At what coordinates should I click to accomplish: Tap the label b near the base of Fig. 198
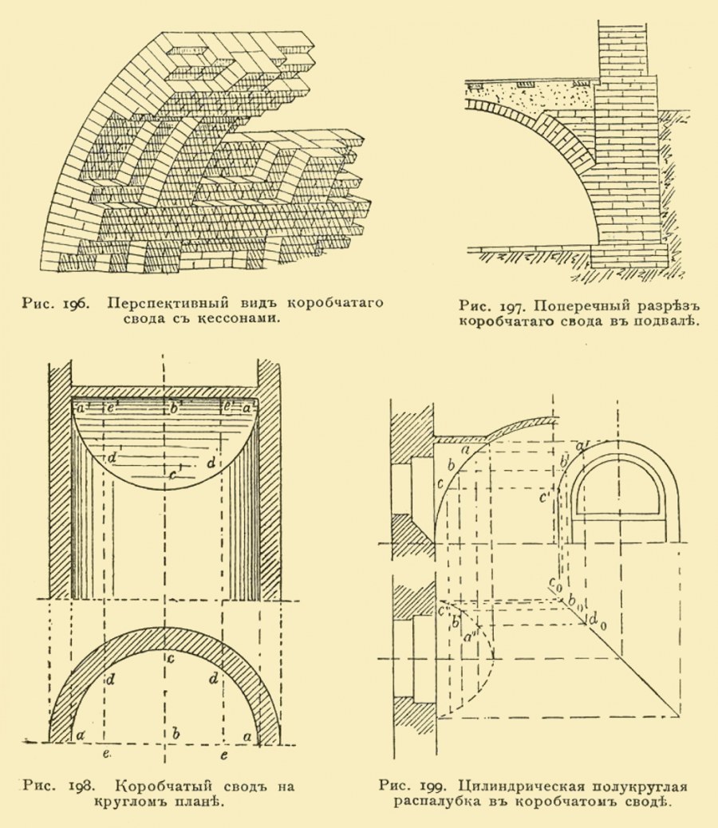(x=176, y=733)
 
